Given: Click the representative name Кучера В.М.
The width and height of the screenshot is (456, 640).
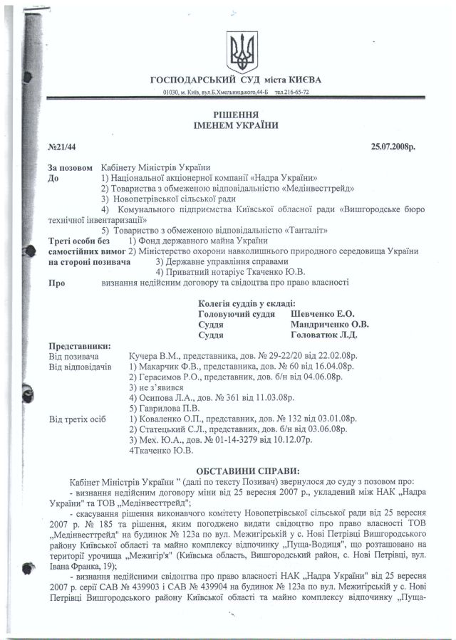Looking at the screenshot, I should point(155,355).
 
